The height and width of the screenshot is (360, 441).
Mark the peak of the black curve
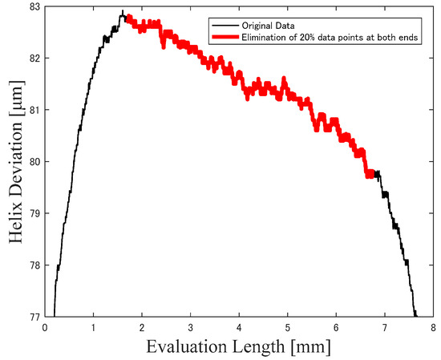(x=122, y=12)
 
